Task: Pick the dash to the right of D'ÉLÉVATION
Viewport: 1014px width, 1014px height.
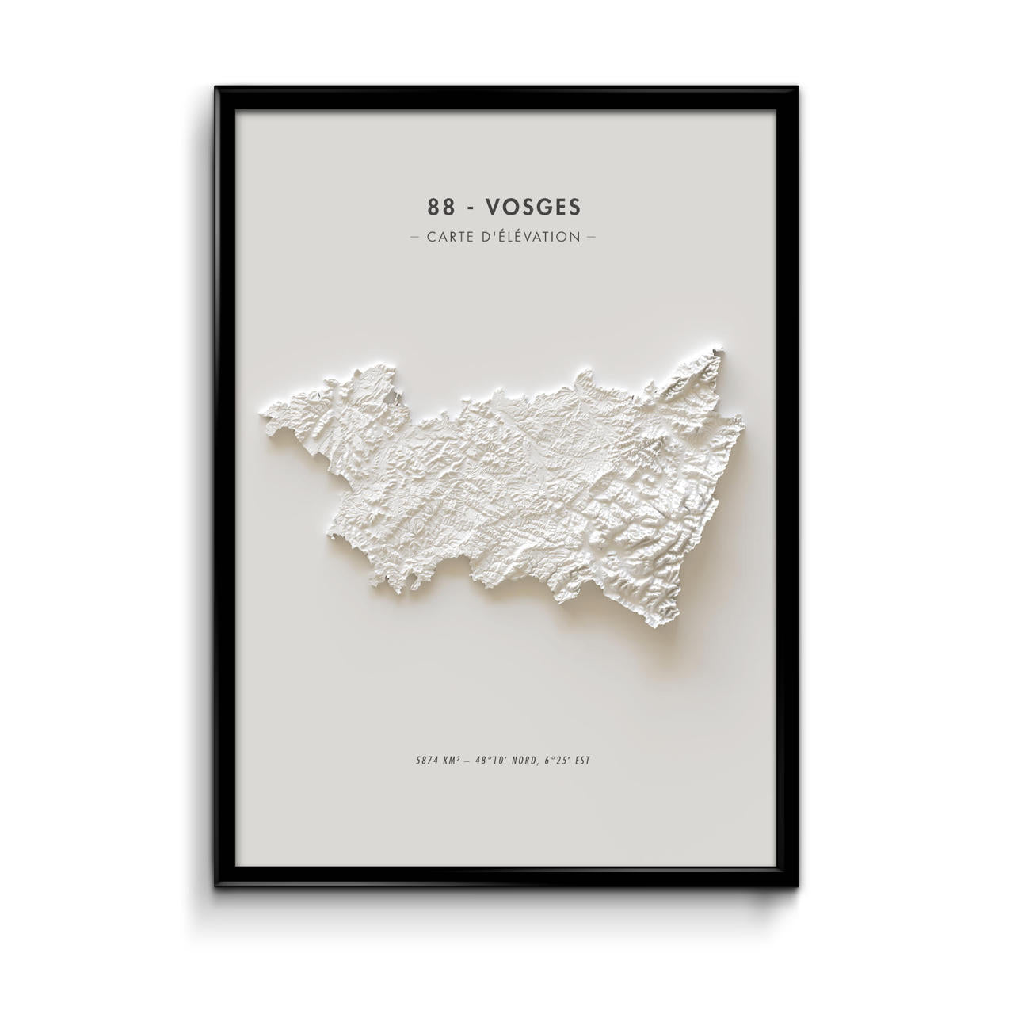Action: (x=590, y=236)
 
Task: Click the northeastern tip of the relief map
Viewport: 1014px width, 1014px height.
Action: (x=719, y=347)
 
